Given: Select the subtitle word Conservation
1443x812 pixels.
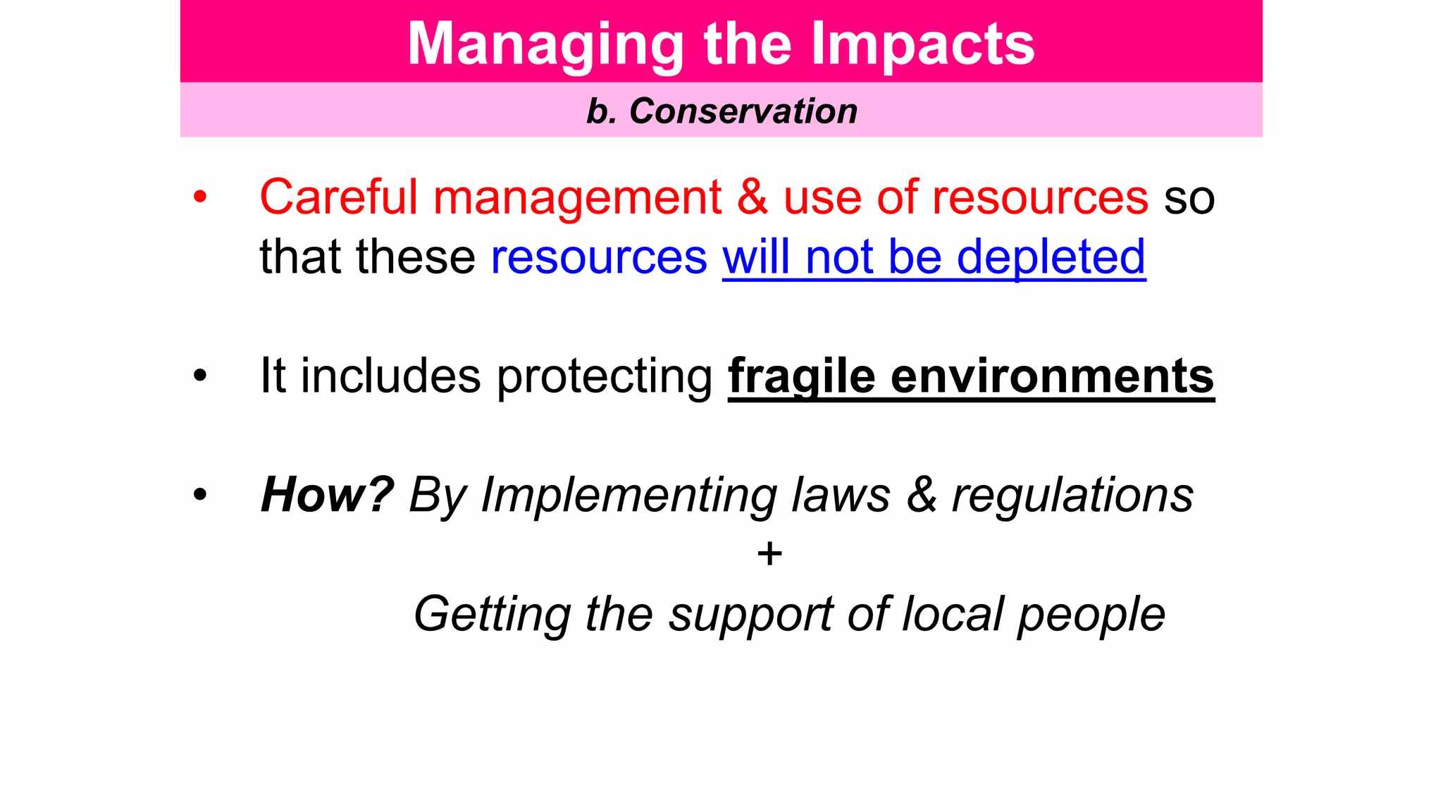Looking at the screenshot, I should [x=743, y=111].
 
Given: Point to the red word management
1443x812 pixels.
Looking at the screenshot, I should [x=577, y=198].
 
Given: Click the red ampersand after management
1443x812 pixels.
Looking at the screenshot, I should [x=753, y=197].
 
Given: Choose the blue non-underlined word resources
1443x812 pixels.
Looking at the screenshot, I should [x=599, y=257].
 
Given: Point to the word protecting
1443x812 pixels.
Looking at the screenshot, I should [x=605, y=376].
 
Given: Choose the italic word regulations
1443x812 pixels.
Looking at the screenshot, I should [x=1072, y=496].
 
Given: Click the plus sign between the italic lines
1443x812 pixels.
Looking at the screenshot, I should [x=769, y=554].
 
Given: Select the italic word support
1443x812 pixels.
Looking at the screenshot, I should [x=751, y=615].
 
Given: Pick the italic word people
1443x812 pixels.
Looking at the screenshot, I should [x=1091, y=615].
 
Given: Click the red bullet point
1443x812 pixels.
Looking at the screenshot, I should [x=201, y=197].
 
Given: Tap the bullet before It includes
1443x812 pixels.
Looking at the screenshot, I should [x=201, y=376].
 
